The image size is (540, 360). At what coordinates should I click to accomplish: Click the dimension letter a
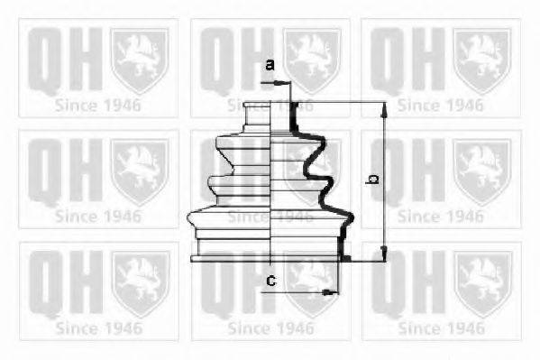270,65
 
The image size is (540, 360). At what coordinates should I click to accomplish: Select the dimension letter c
270,282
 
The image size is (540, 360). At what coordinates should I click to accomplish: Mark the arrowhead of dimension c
332,292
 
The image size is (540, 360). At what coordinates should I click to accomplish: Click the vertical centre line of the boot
272,180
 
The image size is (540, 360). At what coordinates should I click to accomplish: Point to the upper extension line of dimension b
343,102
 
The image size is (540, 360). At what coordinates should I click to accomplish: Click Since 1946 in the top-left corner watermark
98,105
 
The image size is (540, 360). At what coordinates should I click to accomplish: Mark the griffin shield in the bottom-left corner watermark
139,282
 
